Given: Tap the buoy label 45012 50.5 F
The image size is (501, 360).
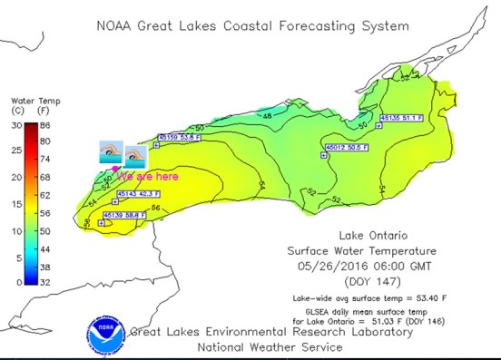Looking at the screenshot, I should click(x=348, y=147).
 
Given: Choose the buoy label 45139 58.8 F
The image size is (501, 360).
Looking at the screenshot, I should click(x=123, y=214).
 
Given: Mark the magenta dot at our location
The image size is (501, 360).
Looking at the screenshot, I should click(x=114, y=170).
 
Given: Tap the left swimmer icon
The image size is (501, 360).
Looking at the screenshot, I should click(x=110, y=151).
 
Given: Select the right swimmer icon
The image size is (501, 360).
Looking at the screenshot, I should click(x=135, y=153).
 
